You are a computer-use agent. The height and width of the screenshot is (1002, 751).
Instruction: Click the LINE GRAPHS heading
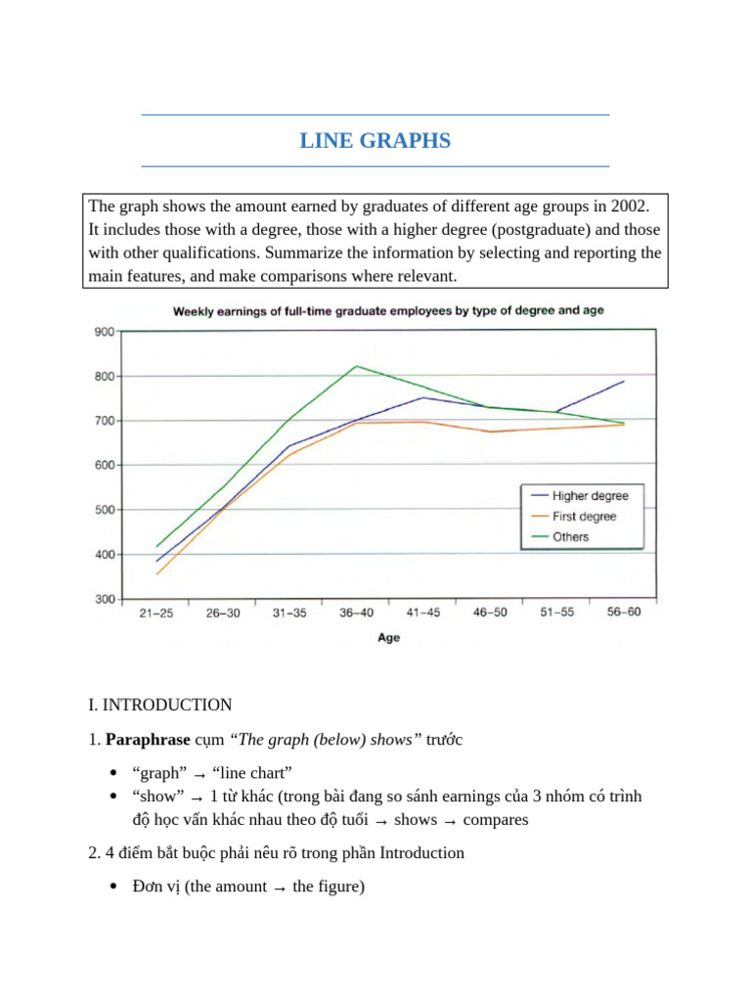point(375,141)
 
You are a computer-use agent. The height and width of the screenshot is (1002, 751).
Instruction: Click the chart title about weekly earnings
point(388,311)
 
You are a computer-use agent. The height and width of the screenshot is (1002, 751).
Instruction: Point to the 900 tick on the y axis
point(104,332)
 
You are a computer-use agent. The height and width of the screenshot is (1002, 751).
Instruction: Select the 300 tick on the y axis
point(104,599)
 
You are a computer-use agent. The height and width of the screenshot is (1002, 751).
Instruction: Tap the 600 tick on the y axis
point(104,465)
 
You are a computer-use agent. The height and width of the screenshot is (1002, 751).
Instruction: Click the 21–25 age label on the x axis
point(156,614)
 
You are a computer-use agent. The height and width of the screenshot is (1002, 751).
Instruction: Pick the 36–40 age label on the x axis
point(356,614)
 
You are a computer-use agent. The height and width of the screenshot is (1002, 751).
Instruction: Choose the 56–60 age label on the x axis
point(624,614)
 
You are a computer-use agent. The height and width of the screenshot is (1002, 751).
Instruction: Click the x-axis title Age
point(388,638)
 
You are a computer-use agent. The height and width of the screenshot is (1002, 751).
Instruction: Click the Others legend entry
point(570,537)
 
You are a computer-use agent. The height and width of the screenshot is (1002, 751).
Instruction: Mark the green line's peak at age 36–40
point(356,366)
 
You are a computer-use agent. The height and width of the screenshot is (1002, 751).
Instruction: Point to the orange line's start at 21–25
point(156,574)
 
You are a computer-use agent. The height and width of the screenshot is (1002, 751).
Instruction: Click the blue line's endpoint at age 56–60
point(624,382)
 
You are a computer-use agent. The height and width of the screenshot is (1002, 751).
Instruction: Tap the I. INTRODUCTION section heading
point(159,705)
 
